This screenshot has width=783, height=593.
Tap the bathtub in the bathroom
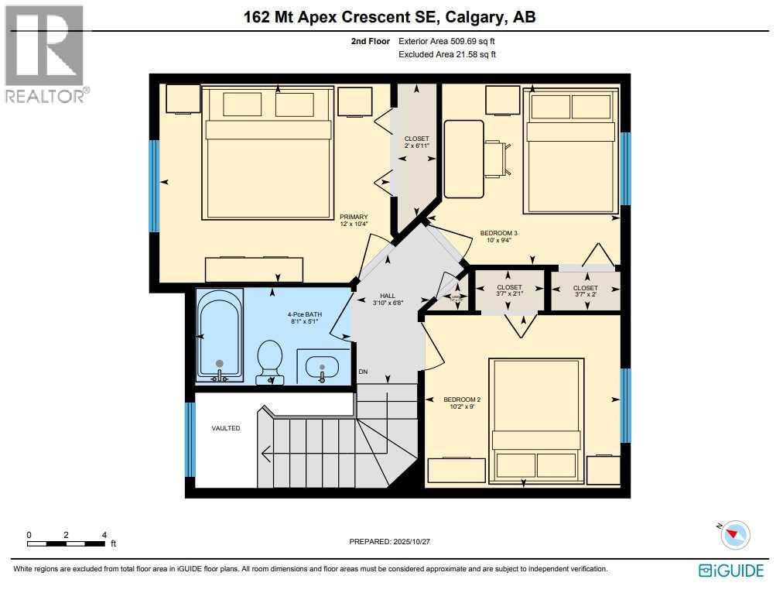click(220, 334)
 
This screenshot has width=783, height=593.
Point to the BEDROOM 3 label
click(499, 233)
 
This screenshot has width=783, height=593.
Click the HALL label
click(388, 296)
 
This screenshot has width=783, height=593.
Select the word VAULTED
click(226, 428)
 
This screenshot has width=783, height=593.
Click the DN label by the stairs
click(363, 372)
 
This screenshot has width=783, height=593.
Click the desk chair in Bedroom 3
click(496, 159)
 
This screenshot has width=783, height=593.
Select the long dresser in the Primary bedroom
click(254, 269)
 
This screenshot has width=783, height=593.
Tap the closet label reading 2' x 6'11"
click(416, 146)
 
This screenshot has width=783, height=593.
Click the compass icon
click(736, 535)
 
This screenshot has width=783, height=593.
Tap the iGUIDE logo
click(730, 571)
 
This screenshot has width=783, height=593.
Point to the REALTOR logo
click(44, 54)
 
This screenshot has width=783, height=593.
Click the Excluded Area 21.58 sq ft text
click(446, 54)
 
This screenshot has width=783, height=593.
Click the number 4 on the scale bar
click(104, 535)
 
